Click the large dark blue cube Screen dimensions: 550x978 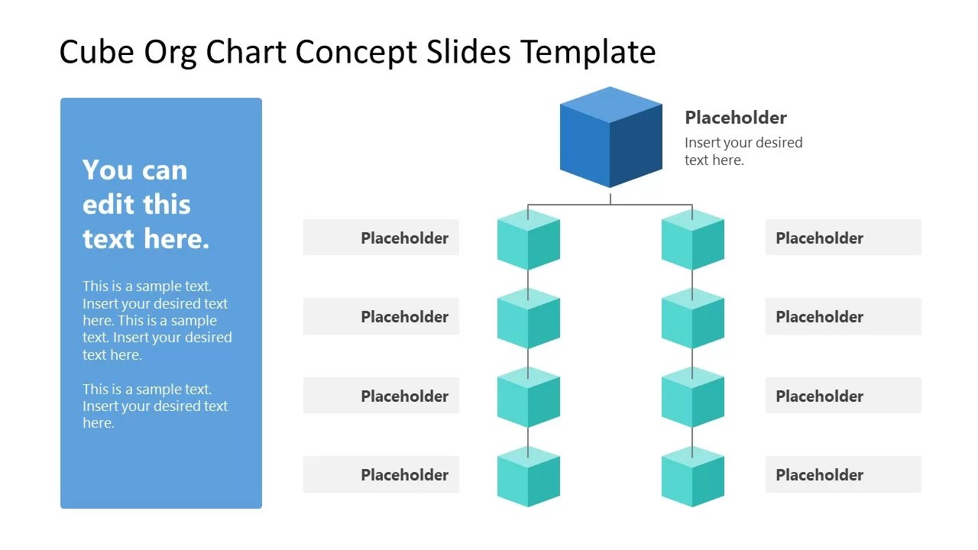pyautogui.click(x=610, y=138)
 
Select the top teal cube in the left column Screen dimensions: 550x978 pyautogui.click(x=528, y=241)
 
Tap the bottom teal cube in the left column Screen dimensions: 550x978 pyautogui.click(x=528, y=477)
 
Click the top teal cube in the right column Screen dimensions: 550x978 pyautogui.click(x=692, y=241)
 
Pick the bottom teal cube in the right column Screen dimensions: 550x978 pyautogui.click(x=692, y=477)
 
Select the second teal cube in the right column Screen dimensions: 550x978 pyautogui.click(x=692, y=319)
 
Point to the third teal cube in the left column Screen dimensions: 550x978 pyautogui.click(x=528, y=398)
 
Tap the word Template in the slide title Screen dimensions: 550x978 pyautogui.click(x=588, y=53)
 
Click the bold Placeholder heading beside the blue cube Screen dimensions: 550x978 pyautogui.click(x=735, y=118)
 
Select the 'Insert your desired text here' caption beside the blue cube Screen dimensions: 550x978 pyautogui.click(x=743, y=151)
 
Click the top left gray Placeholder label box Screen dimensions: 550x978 pyautogui.click(x=381, y=238)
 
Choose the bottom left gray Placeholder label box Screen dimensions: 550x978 pyautogui.click(x=381, y=474)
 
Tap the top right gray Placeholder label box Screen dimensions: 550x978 pyautogui.click(x=843, y=238)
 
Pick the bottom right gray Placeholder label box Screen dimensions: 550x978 pyautogui.click(x=843, y=474)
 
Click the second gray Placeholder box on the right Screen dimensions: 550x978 pyautogui.click(x=843, y=316)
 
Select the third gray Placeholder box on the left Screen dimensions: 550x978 pyautogui.click(x=381, y=396)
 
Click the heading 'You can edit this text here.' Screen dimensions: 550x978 pyautogui.click(x=145, y=204)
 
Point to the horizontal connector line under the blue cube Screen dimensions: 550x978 pyautogui.click(x=610, y=205)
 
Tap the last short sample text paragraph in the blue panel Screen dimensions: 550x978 pyautogui.click(x=155, y=406)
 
